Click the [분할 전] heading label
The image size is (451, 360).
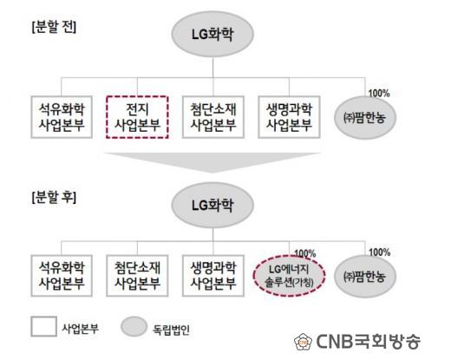pos(54,27)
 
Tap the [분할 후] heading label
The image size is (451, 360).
pos(54,198)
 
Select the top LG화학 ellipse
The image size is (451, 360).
pos(212,34)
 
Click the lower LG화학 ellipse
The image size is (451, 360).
pos(212,205)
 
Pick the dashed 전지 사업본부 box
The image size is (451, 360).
pos(137,117)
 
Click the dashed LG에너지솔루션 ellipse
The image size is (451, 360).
pos(290,276)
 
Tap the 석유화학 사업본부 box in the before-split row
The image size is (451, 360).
pos(62,117)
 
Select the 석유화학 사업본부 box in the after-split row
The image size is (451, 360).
pos(62,276)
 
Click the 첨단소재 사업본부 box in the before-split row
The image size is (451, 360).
pos(213,117)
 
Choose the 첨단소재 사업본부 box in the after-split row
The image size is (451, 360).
pos(137,276)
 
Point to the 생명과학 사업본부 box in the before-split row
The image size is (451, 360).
pos(289,117)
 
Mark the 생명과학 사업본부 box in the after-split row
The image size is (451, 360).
pos(213,276)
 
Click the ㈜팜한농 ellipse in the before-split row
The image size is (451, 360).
pos(365,118)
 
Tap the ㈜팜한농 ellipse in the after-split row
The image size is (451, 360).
pos(365,277)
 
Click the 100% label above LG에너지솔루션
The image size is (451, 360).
pos(305,253)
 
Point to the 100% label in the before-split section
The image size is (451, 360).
pos(379,93)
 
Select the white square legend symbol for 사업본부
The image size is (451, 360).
pos(43,326)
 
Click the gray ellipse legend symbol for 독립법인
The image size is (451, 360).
pos(134,326)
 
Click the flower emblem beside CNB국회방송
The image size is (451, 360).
pos(304,342)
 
